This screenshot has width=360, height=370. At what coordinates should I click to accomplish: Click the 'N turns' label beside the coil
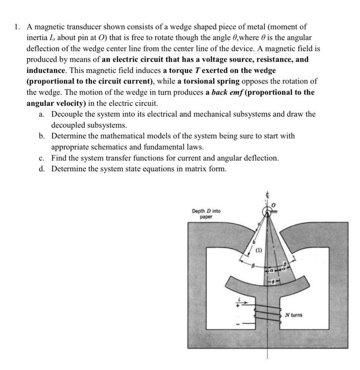[293, 316]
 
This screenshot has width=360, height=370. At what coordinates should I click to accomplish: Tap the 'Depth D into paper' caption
[206, 213]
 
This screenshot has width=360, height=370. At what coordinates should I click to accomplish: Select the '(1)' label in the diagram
[260, 251]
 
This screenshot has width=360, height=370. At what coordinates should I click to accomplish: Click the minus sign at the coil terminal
[237, 324]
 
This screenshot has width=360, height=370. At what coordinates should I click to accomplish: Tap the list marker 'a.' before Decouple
[41, 114]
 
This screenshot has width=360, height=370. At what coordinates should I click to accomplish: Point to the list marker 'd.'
[41, 169]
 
